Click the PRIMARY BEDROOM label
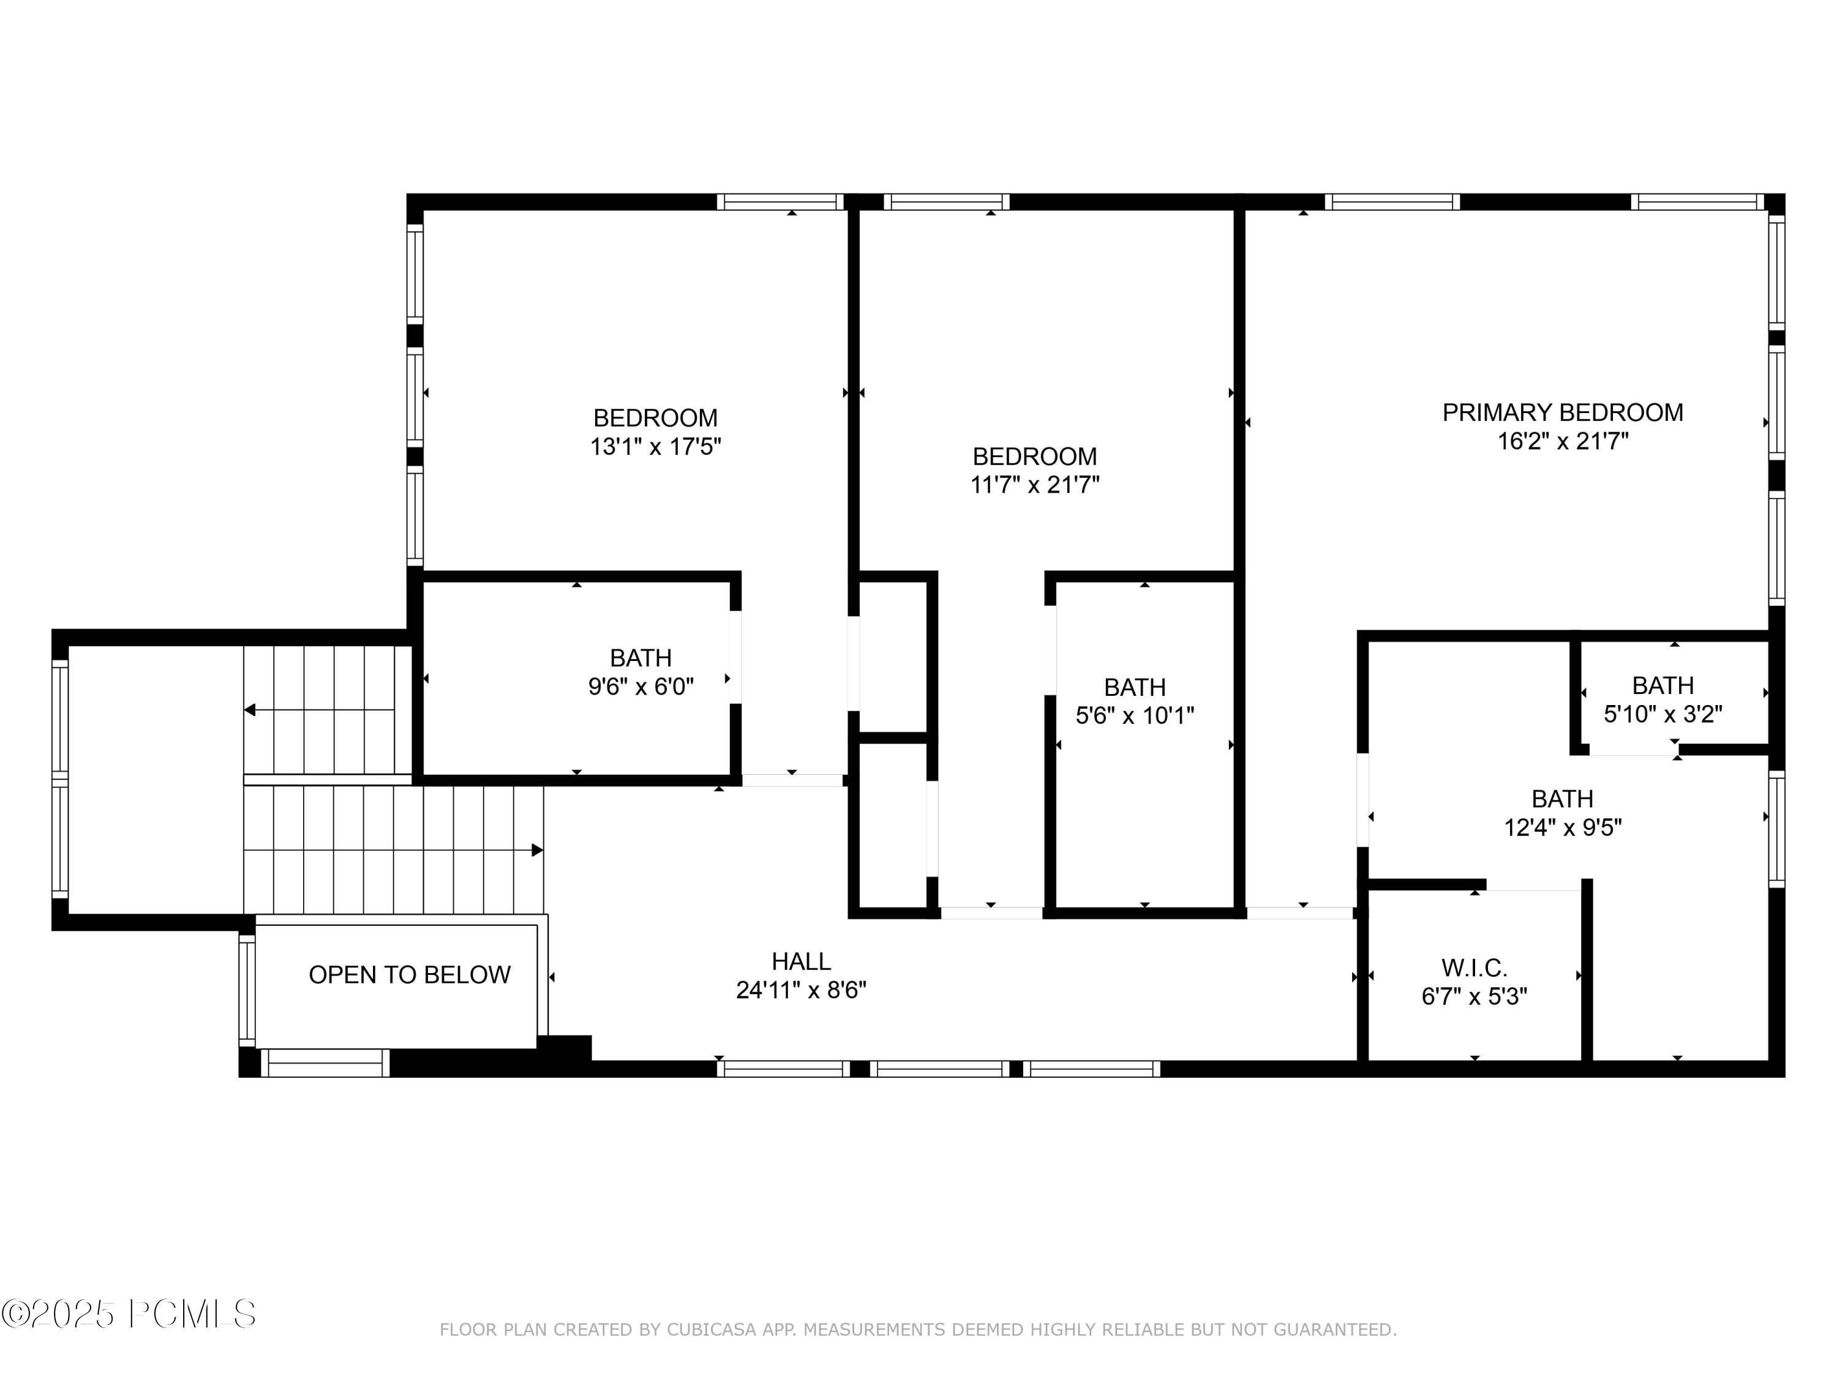[1562, 412]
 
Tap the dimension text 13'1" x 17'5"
[655, 447]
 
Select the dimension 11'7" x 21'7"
[1035, 485]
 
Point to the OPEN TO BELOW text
[410, 974]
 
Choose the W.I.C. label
[1474, 968]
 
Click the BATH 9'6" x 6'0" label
[641, 658]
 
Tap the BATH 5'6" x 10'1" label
[1135, 687]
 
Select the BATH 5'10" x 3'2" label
[1662, 685]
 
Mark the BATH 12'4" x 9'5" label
[1562, 799]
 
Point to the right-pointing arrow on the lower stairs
[536, 850]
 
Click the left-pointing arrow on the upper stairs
[250, 710]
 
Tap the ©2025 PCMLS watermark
[129, 1314]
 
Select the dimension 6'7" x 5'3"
[1474, 996]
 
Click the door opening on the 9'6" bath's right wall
[735, 657]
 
